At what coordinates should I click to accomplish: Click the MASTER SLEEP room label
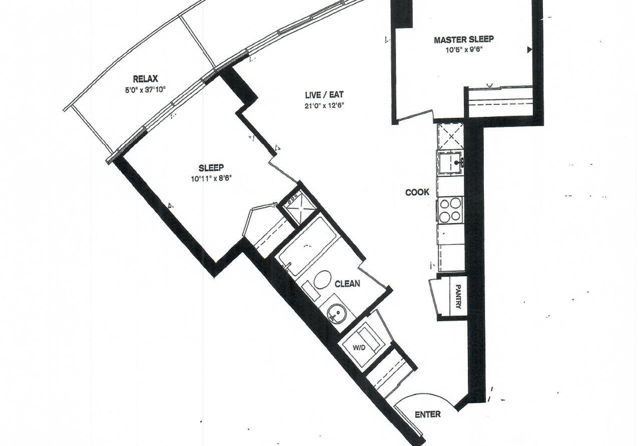pyautogui.click(x=463, y=39)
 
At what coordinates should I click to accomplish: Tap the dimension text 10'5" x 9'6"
pyautogui.click(x=464, y=50)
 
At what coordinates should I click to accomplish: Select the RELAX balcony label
pyautogui.click(x=146, y=79)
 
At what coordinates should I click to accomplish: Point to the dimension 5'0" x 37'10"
pyautogui.click(x=146, y=90)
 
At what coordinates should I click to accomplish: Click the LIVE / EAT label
pyautogui.click(x=324, y=95)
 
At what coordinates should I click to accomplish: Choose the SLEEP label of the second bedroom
pyautogui.click(x=211, y=168)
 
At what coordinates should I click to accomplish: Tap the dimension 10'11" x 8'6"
pyautogui.click(x=211, y=179)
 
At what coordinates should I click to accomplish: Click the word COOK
pyautogui.click(x=417, y=192)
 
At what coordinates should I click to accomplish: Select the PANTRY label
pyautogui.click(x=458, y=296)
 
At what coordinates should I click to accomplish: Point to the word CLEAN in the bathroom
pyautogui.click(x=347, y=283)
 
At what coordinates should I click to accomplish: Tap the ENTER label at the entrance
pyautogui.click(x=427, y=414)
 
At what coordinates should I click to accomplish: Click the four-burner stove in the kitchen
pyautogui.click(x=451, y=210)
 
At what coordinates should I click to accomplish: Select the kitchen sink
pyautogui.click(x=451, y=163)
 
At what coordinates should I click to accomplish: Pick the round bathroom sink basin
pyautogui.click(x=338, y=314)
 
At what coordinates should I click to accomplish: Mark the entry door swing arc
pyautogui.click(x=423, y=394)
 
